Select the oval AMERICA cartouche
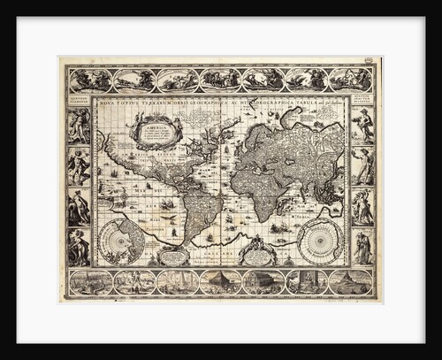(156, 130)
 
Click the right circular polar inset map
(320, 240)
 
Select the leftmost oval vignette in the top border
(91, 80)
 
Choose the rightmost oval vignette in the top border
(350, 80)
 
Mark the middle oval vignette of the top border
(221, 80)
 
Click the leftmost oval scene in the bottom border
(91, 281)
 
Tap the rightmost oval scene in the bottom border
(350, 281)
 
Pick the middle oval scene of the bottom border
(221, 281)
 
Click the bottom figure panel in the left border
(79, 249)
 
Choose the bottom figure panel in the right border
(362, 249)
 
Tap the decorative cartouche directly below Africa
(257, 255)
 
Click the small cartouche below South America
(174, 257)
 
